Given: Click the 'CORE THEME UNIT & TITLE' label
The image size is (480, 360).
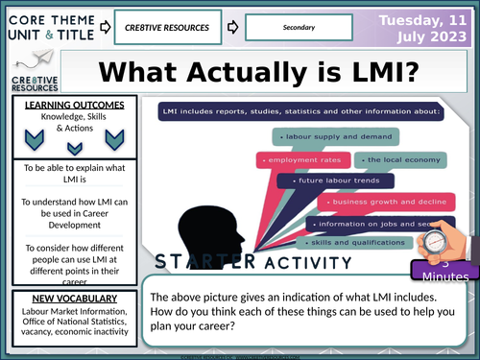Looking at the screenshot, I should (48, 28).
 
